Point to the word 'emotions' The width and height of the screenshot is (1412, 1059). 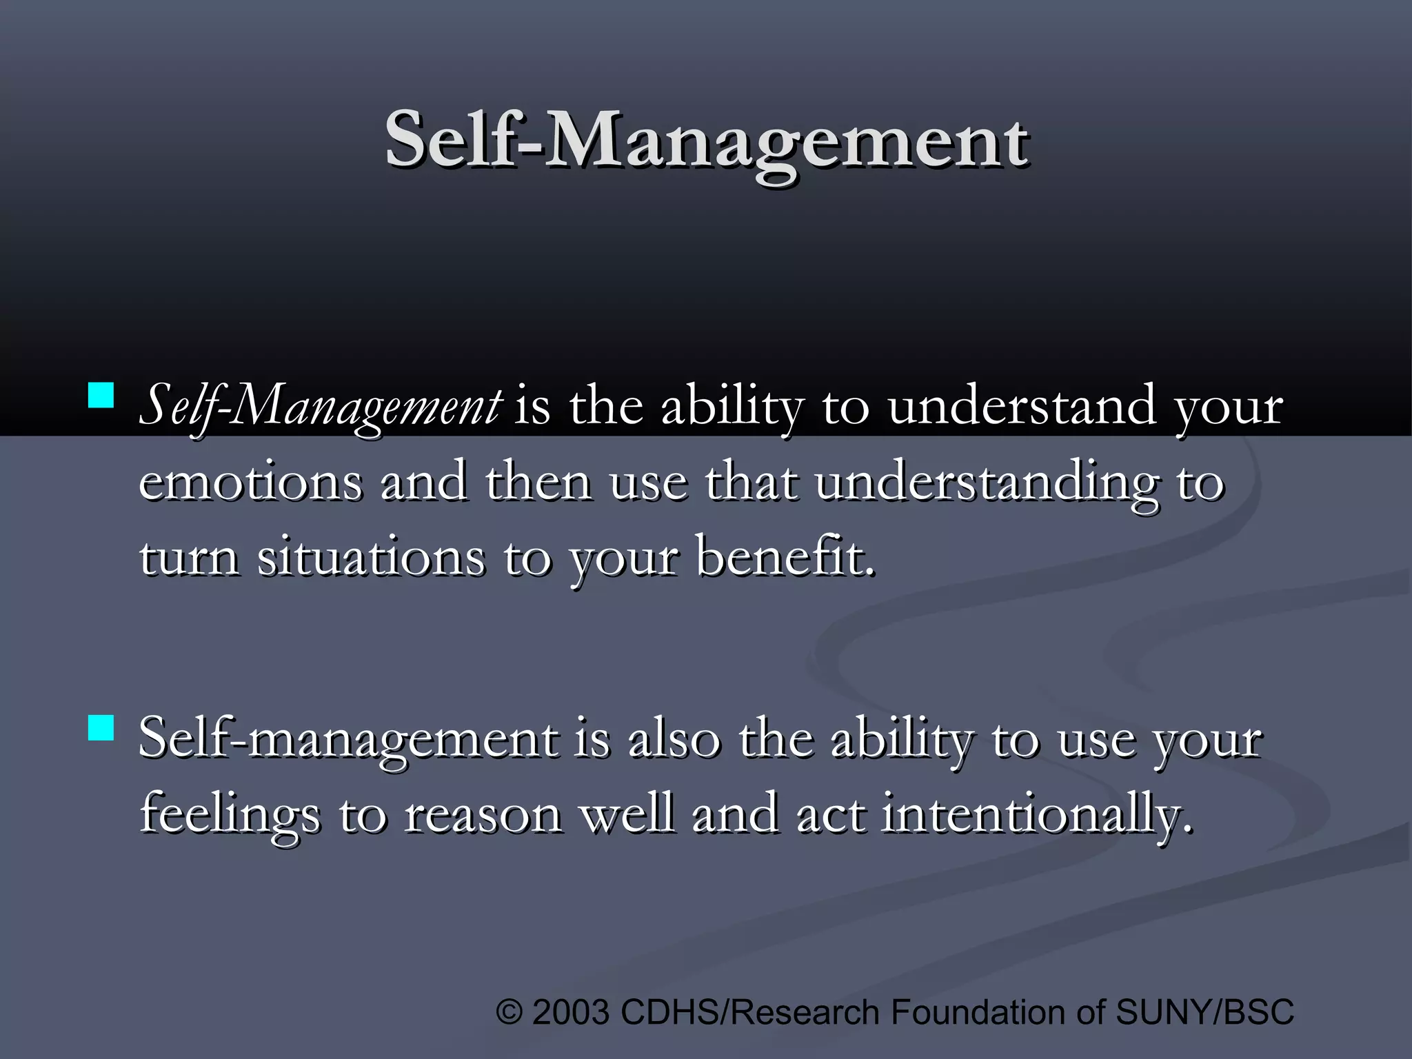pos(250,483)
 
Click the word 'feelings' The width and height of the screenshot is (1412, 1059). pos(230,815)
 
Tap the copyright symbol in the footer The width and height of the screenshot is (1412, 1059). pos(510,1012)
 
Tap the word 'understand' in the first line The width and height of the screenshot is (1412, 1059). pos(1021,407)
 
